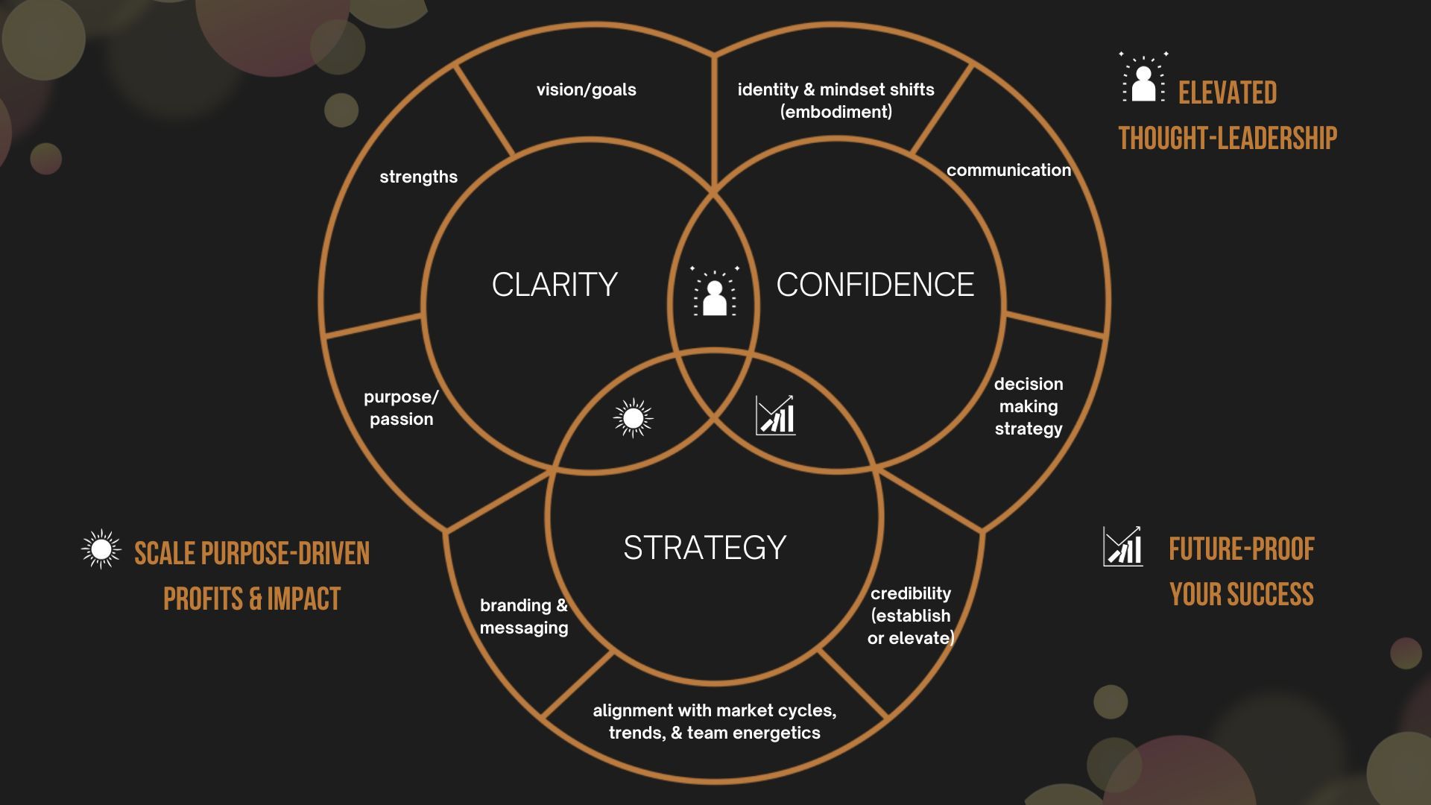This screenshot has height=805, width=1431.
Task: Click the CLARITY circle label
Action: pyautogui.click(x=555, y=285)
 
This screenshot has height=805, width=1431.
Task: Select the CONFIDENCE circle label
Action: pyautogui.click(x=875, y=285)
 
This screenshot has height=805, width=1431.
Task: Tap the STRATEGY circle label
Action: pyautogui.click(x=704, y=548)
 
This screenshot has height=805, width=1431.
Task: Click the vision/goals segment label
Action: pyautogui.click(x=587, y=90)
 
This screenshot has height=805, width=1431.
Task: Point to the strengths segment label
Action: pyautogui.click(x=418, y=177)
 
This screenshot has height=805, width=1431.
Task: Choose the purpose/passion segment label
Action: pyautogui.click(x=401, y=408)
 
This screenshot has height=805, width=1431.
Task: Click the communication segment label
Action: pyautogui.click(x=1008, y=171)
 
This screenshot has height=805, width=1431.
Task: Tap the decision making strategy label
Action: pyautogui.click(x=1029, y=406)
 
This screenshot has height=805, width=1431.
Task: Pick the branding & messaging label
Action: pyautogui.click(x=524, y=616)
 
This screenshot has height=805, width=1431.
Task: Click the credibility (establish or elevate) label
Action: pyautogui.click(x=911, y=616)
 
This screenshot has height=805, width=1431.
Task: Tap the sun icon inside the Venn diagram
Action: pyautogui.click(x=633, y=418)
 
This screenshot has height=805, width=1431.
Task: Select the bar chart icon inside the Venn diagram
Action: pyautogui.click(x=775, y=415)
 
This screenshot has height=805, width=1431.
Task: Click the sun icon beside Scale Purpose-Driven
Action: pyautogui.click(x=101, y=549)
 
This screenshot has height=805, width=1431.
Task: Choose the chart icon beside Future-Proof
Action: pyautogui.click(x=1122, y=546)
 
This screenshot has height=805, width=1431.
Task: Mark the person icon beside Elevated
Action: pyautogui.click(x=1143, y=78)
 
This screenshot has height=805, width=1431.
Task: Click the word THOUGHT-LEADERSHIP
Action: pyautogui.click(x=1228, y=139)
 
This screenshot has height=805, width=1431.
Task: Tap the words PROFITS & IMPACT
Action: pyautogui.click(x=252, y=599)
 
